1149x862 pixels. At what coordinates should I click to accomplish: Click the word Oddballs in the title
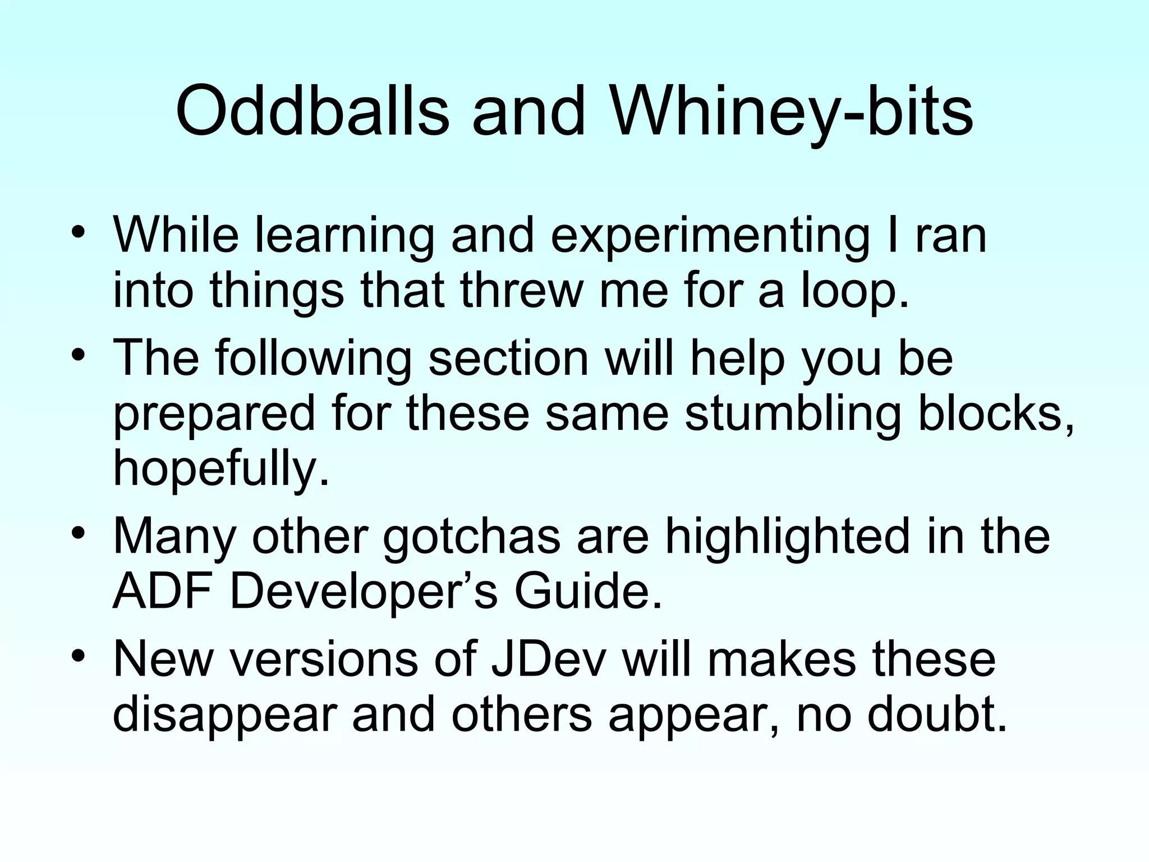point(312,111)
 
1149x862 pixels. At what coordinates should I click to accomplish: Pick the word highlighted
point(787,537)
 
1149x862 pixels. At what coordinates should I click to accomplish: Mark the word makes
point(782,659)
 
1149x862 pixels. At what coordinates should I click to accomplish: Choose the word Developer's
point(364,593)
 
